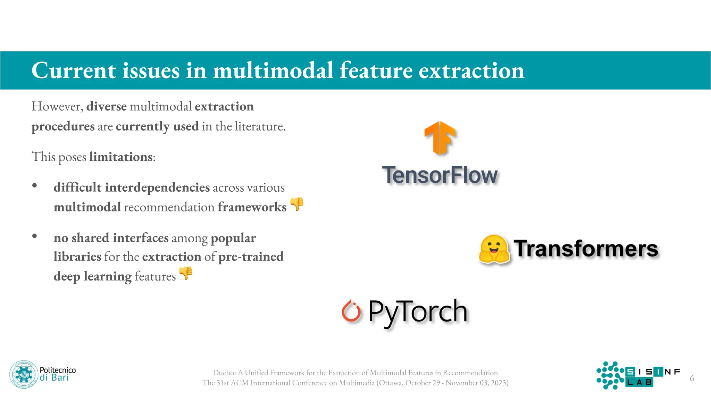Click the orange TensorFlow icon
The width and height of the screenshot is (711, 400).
click(440, 138)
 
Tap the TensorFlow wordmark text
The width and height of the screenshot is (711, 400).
click(440, 175)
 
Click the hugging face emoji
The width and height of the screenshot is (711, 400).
click(494, 249)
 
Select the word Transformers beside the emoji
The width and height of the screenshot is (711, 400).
click(586, 249)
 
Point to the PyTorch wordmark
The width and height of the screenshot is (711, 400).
click(418, 312)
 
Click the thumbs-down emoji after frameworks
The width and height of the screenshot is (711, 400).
click(297, 204)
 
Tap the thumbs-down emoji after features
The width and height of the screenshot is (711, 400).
click(186, 274)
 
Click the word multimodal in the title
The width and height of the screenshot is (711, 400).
click(273, 70)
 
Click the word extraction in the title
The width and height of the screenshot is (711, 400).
click(471, 70)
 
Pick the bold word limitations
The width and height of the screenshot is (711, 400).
click(121, 157)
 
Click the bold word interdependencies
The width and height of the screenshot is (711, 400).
click(157, 187)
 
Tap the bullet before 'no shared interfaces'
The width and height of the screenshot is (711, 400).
click(34, 236)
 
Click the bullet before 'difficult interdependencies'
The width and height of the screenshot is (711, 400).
click(34, 186)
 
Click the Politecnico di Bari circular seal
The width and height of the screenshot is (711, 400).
click(23, 374)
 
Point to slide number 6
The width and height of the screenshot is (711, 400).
click(692, 378)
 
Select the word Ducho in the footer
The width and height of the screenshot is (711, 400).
click(224, 373)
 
